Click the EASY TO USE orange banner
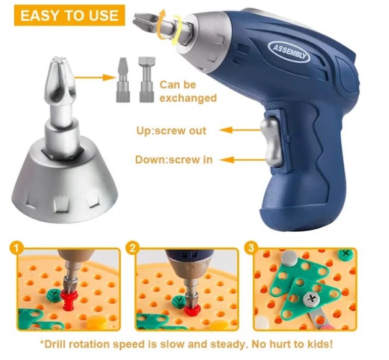coord(69,15)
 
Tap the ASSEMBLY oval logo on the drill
coord(289,51)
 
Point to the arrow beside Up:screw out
coord(240,130)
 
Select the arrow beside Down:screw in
coord(243,160)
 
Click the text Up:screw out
coord(171,131)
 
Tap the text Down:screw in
coord(173,159)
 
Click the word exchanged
coord(188,98)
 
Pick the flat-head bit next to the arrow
coord(123,80)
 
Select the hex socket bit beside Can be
coord(147,80)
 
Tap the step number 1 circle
coord(16,248)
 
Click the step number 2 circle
coord(133,248)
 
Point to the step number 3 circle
coord(251,248)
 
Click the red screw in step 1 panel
coord(70,301)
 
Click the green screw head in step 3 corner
coord(346,254)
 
